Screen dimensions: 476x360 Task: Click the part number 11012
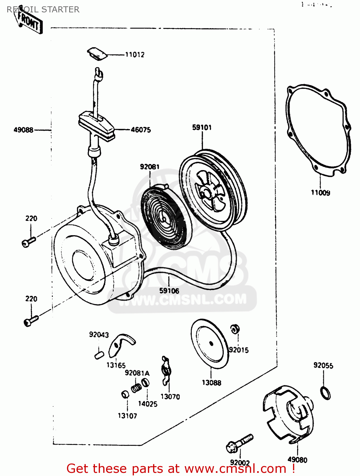click(135, 55)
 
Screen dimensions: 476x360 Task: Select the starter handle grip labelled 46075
click(96, 126)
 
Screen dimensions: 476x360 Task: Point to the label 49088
click(23, 130)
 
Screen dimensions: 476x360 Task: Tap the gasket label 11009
click(320, 193)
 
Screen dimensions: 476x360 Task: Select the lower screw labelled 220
click(31, 321)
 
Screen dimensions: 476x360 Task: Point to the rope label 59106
click(169, 291)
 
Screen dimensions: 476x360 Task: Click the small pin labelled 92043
click(99, 355)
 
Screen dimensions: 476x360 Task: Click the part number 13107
click(127, 416)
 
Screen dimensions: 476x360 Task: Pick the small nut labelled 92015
click(235, 329)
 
